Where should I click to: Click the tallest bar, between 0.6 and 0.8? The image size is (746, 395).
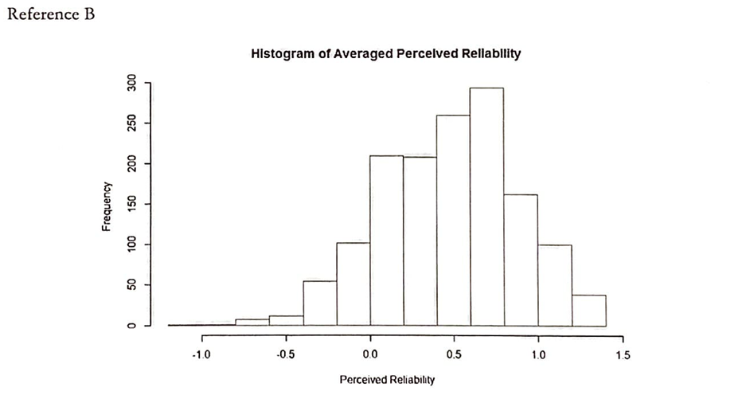(486, 207)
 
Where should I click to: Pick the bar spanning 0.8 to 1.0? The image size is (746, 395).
(521, 260)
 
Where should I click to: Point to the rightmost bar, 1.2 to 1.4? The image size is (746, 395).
(588, 311)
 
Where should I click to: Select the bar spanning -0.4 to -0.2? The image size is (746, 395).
(319, 303)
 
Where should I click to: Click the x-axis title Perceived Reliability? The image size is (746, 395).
(387, 380)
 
